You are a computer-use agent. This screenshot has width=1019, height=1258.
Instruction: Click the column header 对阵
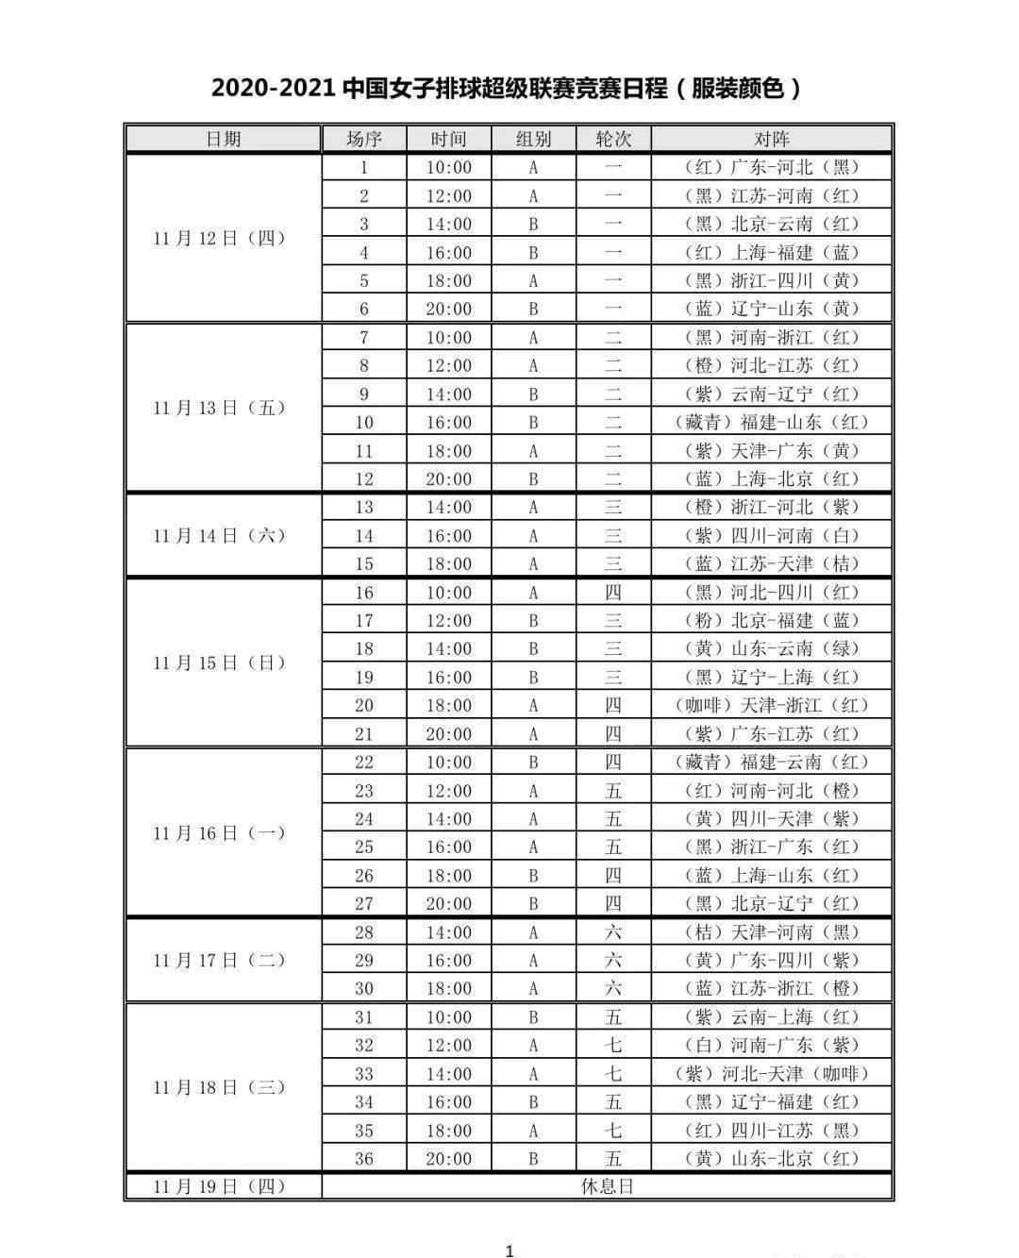pyautogui.click(x=772, y=139)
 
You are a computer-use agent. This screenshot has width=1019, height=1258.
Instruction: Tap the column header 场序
pyautogui.click(x=364, y=139)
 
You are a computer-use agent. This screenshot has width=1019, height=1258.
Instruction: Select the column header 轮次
pyautogui.click(x=613, y=139)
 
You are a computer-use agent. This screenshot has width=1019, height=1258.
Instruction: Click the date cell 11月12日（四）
pyautogui.click(x=220, y=238)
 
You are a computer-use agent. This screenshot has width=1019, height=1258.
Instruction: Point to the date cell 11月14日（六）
pyautogui.click(x=220, y=535)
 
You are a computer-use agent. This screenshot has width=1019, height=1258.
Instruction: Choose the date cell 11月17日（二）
pyautogui.click(x=220, y=960)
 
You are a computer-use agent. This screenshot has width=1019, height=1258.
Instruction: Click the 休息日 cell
pyautogui.click(x=607, y=1186)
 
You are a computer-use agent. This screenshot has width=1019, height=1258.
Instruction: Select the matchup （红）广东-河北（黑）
pyautogui.click(x=772, y=167)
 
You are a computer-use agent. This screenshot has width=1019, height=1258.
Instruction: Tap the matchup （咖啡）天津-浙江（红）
pyautogui.click(x=772, y=705)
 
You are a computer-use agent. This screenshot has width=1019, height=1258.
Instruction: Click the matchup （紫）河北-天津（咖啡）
pyautogui.click(x=772, y=1073)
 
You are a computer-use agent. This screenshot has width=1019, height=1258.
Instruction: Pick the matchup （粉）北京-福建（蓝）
pyautogui.click(x=772, y=620)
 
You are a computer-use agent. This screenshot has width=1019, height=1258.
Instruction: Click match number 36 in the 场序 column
pyautogui.click(x=364, y=1158)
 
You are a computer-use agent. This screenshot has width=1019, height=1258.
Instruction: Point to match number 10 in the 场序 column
pyautogui.click(x=364, y=422)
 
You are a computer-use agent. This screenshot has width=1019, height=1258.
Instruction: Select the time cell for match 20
pyautogui.click(x=448, y=705)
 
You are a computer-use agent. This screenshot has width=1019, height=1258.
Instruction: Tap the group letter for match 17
pyautogui.click(x=533, y=620)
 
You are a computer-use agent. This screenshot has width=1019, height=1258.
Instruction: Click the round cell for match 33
pyautogui.click(x=613, y=1073)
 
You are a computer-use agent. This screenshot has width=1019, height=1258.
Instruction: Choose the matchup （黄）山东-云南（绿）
pyautogui.click(x=772, y=648)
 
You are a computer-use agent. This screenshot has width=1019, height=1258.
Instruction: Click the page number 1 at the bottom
pyautogui.click(x=509, y=1250)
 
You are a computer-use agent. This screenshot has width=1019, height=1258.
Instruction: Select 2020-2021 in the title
pyautogui.click(x=274, y=89)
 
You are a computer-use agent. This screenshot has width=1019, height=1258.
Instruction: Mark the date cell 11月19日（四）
pyautogui.click(x=220, y=1186)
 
